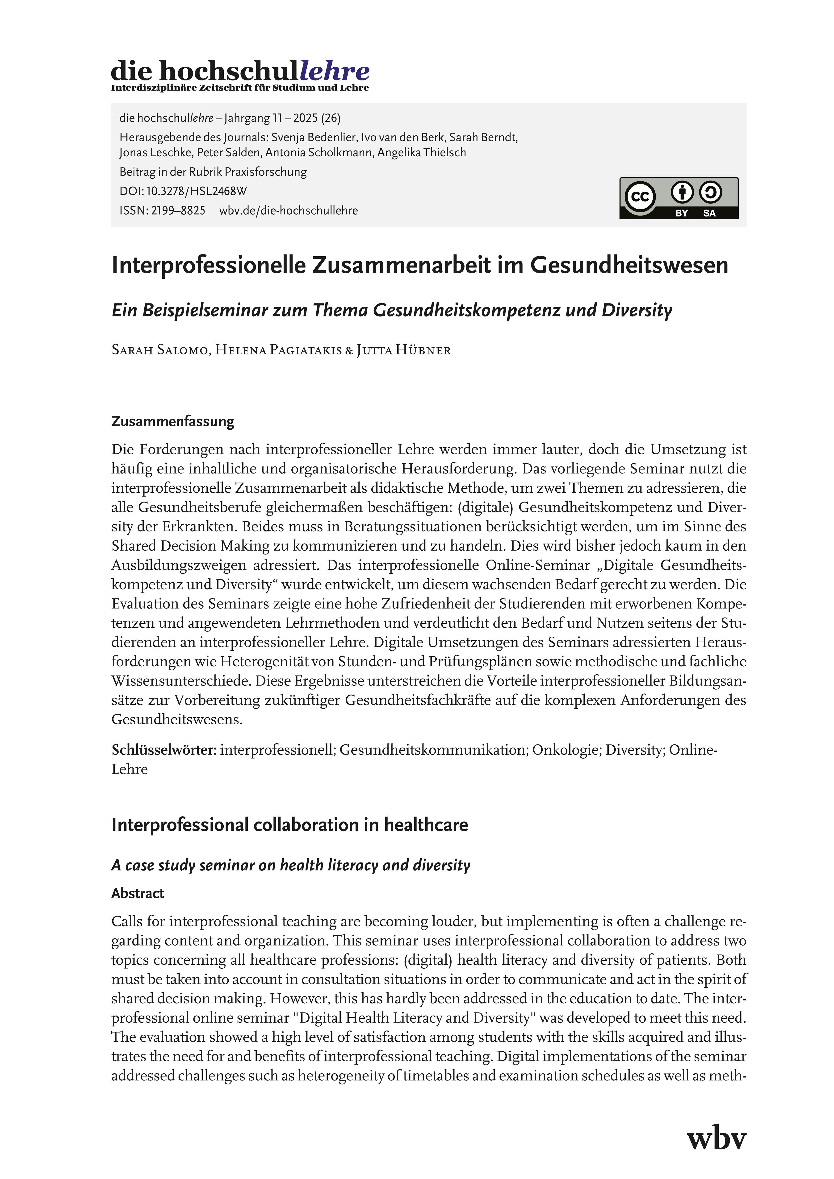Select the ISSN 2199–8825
pyautogui.click(x=177, y=211)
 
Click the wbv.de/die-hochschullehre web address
pyautogui.click(x=288, y=211)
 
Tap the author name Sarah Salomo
pyautogui.click(x=159, y=350)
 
